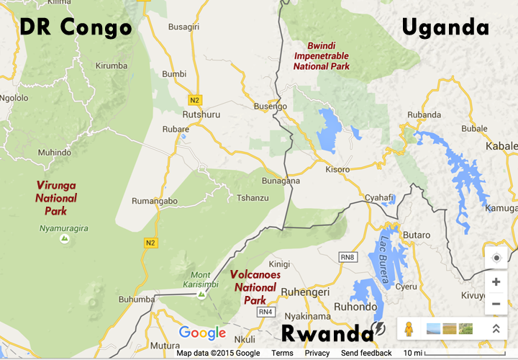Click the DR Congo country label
point(76,27)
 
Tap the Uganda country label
point(445,27)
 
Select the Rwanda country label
point(327,333)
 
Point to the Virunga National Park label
point(55,198)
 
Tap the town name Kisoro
point(337,170)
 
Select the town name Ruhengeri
point(304,292)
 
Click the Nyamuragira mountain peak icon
point(65,238)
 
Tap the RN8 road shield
point(347,256)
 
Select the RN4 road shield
point(265,312)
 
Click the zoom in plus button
point(496,282)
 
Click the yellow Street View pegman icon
point(409,329)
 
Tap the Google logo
point(202,333)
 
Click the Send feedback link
point(366,353)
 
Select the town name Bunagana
point(281,181)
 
